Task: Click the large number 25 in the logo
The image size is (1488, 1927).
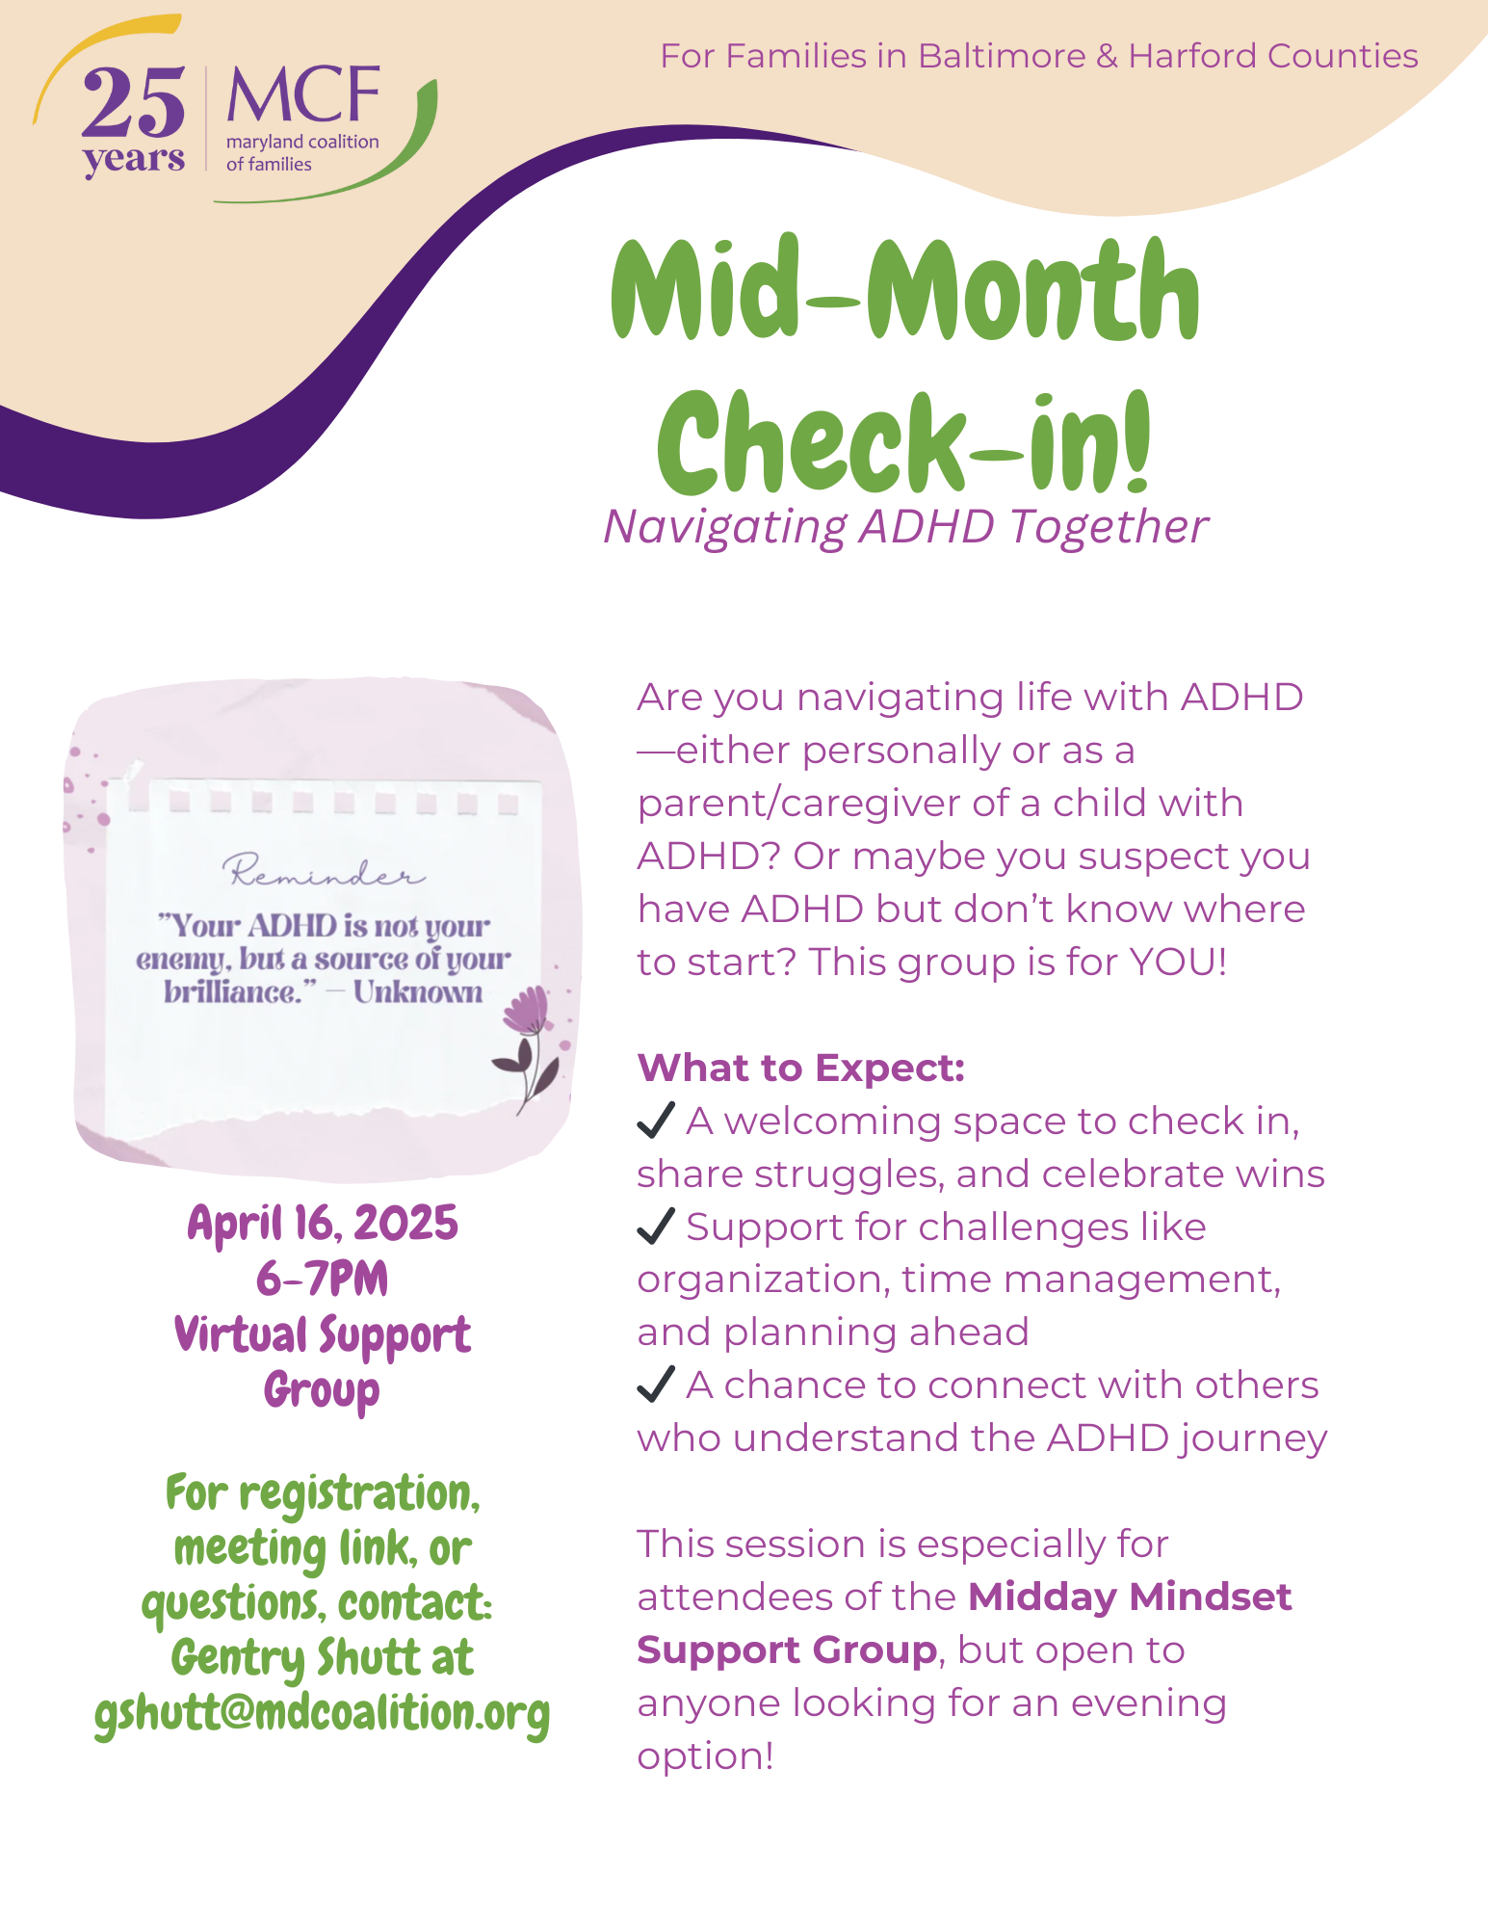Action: pos(133,103)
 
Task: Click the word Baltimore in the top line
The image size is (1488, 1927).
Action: pos(1002,56)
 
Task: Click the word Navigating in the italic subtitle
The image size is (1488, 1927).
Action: pos(725,528)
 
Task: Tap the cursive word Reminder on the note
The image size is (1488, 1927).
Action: pos(324,871)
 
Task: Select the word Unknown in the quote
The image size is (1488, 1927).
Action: pos(418,991)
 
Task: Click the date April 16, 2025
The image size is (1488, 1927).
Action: pos(323,1224)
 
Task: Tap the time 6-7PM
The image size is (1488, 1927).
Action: pos(323,1280)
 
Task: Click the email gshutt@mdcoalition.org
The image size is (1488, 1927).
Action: pos(323,1714)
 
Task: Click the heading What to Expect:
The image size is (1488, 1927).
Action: pos(801,1068)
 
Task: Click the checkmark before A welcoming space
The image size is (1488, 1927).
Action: pos(656,1121)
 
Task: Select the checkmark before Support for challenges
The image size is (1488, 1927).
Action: pos(656,1227)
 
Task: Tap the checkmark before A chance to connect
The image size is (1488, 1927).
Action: pos(656,1385)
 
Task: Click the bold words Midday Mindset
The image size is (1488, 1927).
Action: pos(1130,1597)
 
